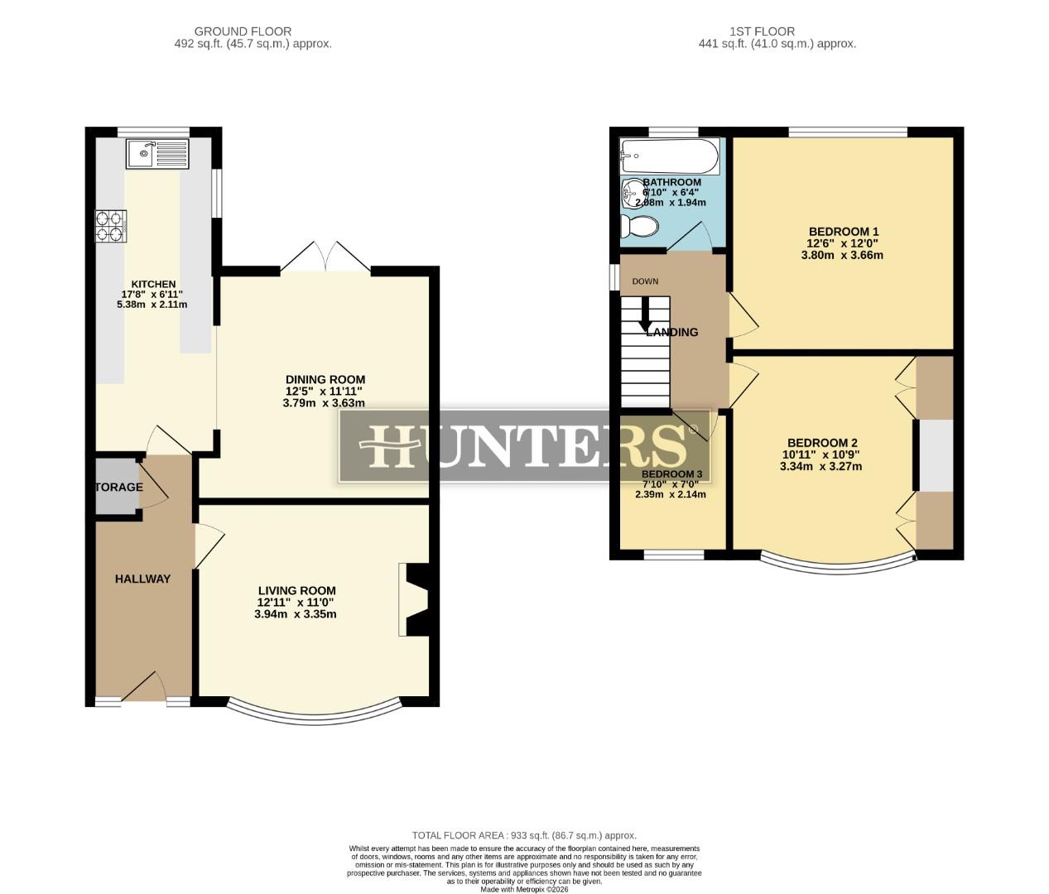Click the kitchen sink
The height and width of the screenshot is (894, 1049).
(x=157, y=153)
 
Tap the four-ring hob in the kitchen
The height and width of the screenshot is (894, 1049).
(x=112, y=225)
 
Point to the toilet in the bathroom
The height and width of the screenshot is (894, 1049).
(x=641, y=226)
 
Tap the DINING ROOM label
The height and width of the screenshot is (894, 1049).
(x=325, y=380)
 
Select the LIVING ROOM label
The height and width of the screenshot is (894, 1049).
(x=296, y=591)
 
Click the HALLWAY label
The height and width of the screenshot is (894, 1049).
(x=142, y=579)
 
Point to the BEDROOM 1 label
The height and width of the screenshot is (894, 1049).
(x=843, y=232)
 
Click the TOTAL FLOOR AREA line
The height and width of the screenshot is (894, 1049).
(x=524, y=835)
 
